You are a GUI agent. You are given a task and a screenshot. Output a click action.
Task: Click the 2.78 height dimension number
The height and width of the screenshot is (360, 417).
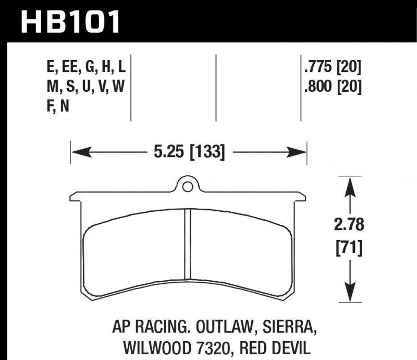click(349, 225)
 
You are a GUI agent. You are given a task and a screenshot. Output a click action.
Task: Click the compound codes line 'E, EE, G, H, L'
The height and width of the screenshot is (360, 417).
click(85, 67)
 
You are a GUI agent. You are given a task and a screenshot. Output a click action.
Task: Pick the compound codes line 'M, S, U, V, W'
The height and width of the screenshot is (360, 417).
click(85, 86)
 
